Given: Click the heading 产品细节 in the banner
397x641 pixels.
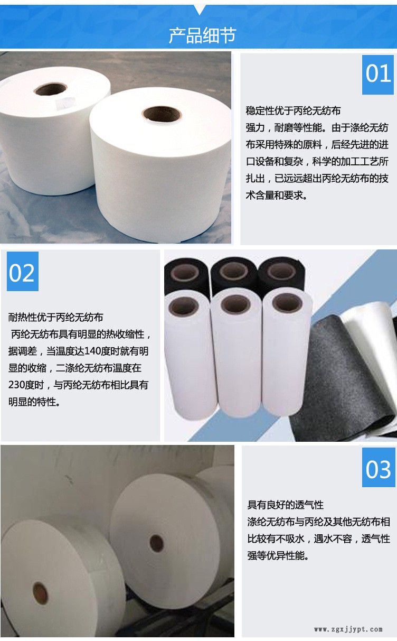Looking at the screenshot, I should [x=202, y=35].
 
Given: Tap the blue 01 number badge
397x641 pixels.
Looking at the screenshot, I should [x=378, y=74].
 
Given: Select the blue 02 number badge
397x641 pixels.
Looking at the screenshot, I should [x=22, y=272].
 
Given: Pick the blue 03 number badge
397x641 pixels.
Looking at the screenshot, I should [x=378, y=468].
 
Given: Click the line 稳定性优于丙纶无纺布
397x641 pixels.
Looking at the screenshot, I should [x=294, y=111].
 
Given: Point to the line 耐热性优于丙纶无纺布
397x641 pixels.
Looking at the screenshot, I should [x=56, y=318].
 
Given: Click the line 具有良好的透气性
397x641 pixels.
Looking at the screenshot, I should [x=286, y=505].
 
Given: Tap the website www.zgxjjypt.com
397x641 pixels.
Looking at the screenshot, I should [x=348, y=629].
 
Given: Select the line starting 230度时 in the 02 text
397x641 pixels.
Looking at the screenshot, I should [x=79, y=385].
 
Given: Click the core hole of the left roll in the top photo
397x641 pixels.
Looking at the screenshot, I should [x=51, y=88].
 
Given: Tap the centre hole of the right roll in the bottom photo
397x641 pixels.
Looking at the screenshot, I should [x=156, y=541].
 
